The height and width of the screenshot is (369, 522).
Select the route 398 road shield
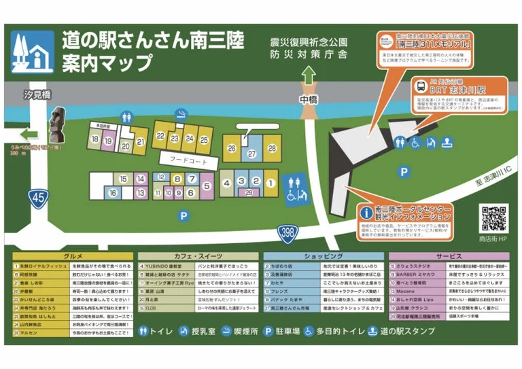(x=288, y=233)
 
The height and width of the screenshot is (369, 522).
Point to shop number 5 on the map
(x=207, y=183)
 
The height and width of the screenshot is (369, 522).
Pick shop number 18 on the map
(x=94, y=140)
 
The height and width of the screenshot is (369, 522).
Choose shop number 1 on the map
(x=270, y=181)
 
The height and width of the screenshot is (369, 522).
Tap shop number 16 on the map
(x=111, y=193)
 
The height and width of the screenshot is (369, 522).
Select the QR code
(x=492, y=218)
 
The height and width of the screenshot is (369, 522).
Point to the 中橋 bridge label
(x=309, y=99)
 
